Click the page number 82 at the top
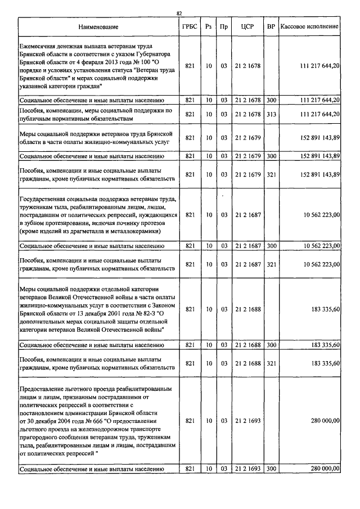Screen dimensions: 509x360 [x=179, y=13]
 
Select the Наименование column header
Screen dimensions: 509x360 [x=98, y=27]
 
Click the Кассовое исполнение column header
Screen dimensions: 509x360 [x=309, y=27]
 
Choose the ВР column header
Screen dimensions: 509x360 [x=271, y=27]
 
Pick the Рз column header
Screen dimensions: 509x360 [x=208, y=27]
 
